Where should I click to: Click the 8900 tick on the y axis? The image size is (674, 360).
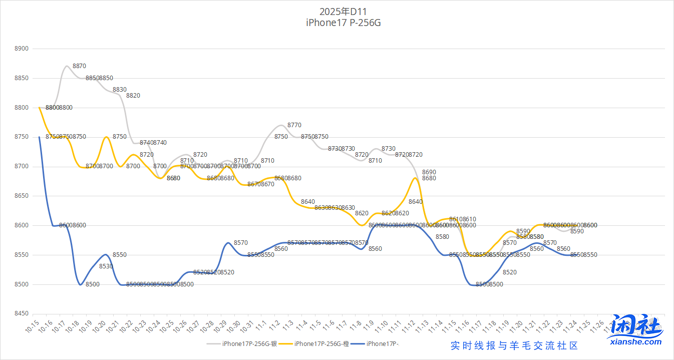23,49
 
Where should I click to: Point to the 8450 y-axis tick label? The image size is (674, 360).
23,314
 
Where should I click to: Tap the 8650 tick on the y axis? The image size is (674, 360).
23,196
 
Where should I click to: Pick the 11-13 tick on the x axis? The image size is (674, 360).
420,327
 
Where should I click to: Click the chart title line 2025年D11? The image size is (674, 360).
340,11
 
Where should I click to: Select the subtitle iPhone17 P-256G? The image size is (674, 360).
340,23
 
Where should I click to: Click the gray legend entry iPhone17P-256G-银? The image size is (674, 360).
249,343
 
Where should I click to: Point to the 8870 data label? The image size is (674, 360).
79,66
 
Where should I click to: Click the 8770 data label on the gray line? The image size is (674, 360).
294,125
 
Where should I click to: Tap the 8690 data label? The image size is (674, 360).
429,172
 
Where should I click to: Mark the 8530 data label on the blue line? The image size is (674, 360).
106,266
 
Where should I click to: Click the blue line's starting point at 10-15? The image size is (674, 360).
39,137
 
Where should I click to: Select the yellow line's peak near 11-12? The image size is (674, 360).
416,178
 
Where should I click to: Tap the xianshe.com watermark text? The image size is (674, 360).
636,342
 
